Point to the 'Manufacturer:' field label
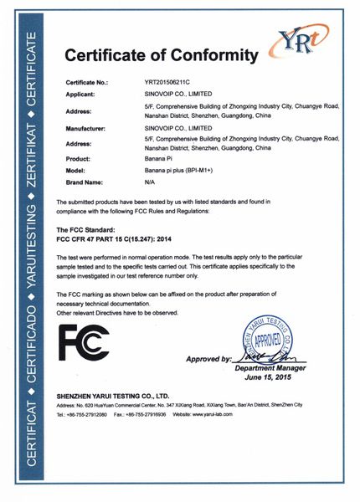tap(85, 130)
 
